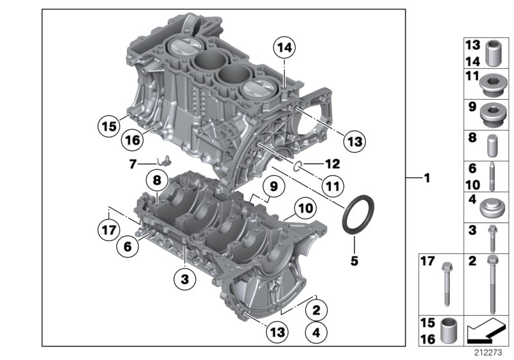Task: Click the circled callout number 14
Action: [284, 47]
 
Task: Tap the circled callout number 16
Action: [133, 139]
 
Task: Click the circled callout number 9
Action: [273, 186]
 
